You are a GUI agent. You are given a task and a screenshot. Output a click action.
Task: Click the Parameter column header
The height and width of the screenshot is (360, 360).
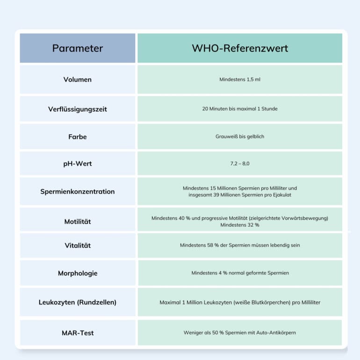pyautogui.click(x=78, y=48)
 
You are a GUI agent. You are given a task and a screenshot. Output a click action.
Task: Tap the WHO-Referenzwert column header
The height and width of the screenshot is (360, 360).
pyautogui.click(x=240, y=48)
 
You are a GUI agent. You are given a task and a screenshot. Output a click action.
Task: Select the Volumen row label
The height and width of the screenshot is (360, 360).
pyautogui.click(x=78, y=79)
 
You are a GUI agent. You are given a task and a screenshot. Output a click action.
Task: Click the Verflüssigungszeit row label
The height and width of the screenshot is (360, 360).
pyautogui.click(x=78, y=109)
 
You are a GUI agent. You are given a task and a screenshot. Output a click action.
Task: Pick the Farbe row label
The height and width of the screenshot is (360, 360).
pyautogui.click(x=78, y=137)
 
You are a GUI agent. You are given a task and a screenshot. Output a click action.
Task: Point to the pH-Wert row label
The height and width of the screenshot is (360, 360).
pyautogui.click(x=78, y=164)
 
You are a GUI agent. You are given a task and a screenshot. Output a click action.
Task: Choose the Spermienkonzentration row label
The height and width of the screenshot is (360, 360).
pyautogui.click(x=78, y=191)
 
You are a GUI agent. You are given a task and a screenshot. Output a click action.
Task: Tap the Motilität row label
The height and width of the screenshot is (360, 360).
pyautogui.click(x=78, y=221)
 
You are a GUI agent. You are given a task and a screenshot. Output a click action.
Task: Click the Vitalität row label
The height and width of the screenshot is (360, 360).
pyautogui.click(x=78, y=245)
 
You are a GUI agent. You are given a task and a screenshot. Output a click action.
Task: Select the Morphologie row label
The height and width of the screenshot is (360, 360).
pyautogui.click(x=78, y=273)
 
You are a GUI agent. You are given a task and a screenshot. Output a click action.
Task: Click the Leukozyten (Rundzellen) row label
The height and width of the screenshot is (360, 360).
pyautogui.click(x=78, y=302)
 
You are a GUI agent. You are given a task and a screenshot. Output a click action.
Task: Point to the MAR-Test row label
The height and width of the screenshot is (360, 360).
pyautogui.click(x=78, y=333)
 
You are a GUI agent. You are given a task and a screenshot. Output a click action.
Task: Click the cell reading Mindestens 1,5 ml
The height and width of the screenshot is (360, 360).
pyautogui.click(x=240, y=79)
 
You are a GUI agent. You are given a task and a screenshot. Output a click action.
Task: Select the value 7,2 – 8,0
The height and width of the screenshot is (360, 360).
pyautogui.click(x=240, y=164)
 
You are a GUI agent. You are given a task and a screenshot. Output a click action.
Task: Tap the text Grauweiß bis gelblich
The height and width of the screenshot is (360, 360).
pyautogui.click(x=240, y=137)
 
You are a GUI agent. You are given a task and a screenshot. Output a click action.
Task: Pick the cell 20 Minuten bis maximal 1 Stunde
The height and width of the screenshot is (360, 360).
pyautogui.click(x=240, y=109)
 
